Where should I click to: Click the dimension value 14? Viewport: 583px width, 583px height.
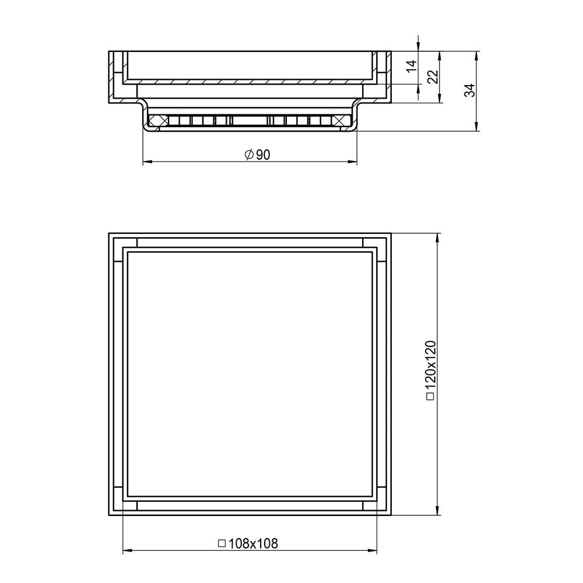pos(411,66)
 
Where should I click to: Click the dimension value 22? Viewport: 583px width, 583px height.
pos(433,77)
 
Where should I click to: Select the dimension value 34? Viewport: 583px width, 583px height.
pos(470,90)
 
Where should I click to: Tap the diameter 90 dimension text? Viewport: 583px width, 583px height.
pos(257,154)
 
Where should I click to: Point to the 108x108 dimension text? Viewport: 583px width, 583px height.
pos(248,543)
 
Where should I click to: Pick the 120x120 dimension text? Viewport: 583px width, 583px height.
pos(431,370)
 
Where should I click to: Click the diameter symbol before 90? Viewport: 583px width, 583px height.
pos(249,154)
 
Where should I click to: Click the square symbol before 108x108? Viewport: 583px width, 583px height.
pos(222,543)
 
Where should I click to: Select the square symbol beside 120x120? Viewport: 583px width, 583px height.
pos(431,396)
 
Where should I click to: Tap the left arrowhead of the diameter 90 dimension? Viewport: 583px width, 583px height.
pos(147,161)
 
